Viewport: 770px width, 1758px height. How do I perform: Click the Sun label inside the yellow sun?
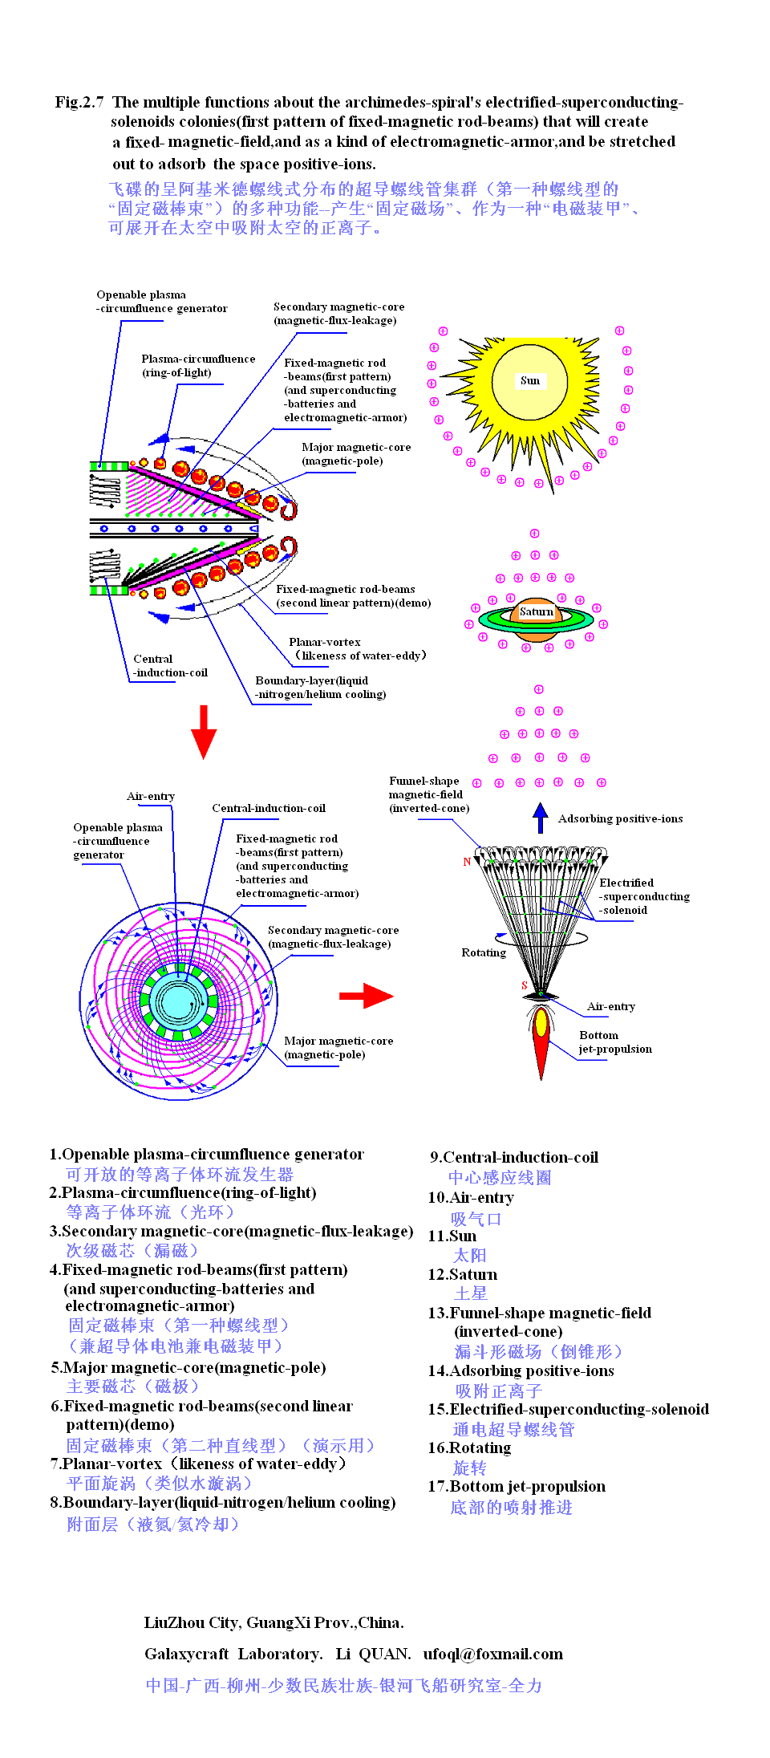coord(529,381)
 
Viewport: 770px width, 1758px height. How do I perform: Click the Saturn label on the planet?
coord(536,612)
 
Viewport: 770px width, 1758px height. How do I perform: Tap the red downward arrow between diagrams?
coord(204,731)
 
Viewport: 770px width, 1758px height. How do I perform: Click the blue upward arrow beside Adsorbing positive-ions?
coord(541,818)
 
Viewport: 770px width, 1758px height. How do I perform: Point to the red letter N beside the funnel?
coord(467,863)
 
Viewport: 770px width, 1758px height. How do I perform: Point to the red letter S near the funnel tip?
coord(525,985)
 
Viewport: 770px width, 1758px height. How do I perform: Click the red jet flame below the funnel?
coord(541,1039)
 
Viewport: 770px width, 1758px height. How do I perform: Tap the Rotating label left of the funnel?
coord(483,952)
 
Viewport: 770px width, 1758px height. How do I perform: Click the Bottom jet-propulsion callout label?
coord(614,1042)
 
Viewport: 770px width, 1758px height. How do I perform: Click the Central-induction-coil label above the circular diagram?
coord(268,808)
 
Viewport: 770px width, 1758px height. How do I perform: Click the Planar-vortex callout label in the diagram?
coord(357,649)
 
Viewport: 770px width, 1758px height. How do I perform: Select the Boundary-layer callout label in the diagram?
coord(320,688)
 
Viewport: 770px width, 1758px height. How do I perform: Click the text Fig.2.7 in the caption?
coord(79,102)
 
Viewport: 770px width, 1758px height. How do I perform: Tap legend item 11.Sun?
coord(452,1236)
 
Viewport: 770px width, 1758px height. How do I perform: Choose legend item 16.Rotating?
coord(469,1448)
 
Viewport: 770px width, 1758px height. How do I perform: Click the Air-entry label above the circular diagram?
coord(150,796)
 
